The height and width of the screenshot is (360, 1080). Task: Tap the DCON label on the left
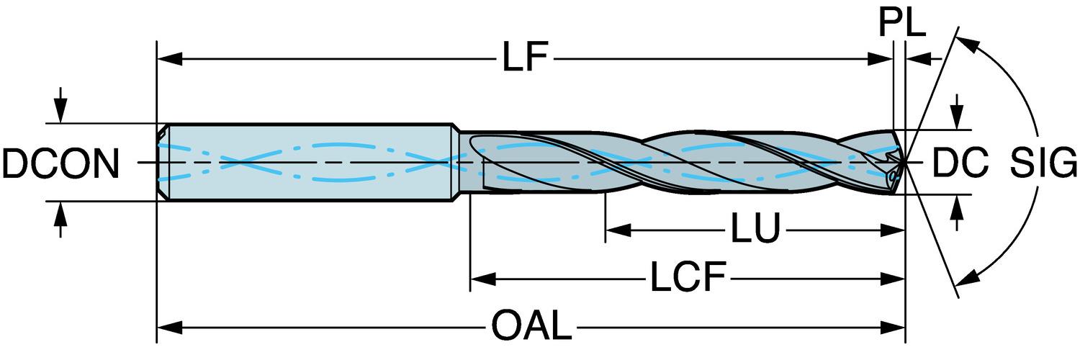click(x=60, y=165)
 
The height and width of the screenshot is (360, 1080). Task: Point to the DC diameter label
click(x=960, y=165)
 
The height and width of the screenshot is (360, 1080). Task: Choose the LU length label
click(x=756, y=230)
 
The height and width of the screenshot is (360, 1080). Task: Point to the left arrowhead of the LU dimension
click(x=616, y=230)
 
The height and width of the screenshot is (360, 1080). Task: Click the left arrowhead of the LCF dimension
click(x=480, y=277)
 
